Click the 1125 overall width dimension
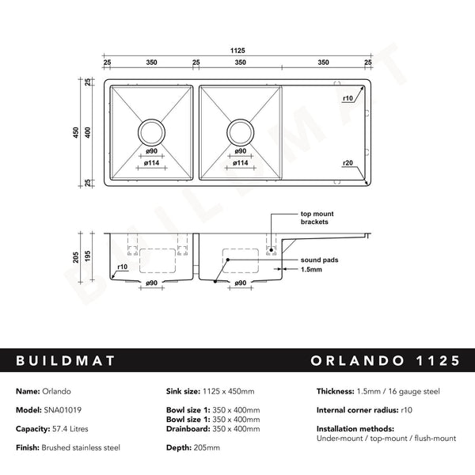[x=237, y=49]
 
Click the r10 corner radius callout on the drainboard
[x=348, y=98]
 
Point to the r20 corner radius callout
[x=348, y=162]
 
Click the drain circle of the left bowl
[x=151, y=131]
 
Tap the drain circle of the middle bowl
[x=238, y=131]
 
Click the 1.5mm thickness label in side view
[x=311, y=269]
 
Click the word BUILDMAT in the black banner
[x=66, y=361]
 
